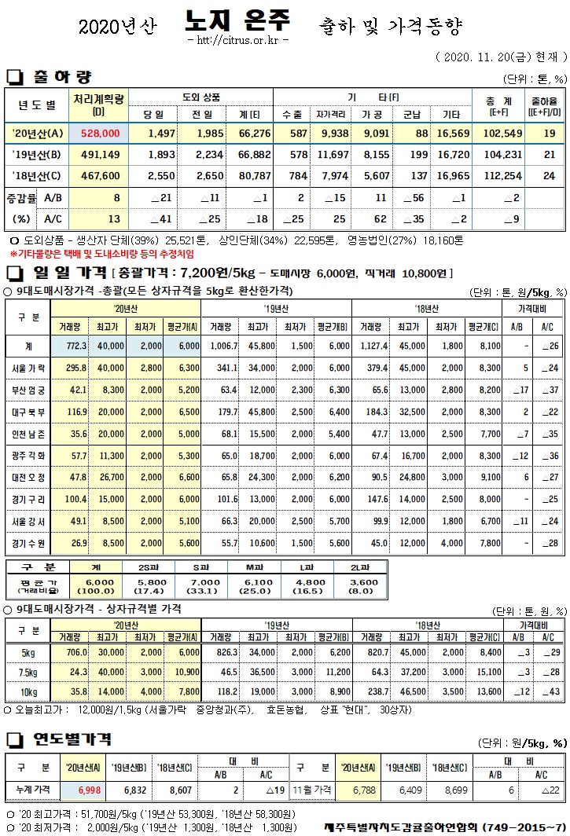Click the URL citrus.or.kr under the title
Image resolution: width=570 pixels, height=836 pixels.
(x=238, y=39)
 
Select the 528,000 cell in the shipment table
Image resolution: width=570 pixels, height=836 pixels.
(x=99, y=134)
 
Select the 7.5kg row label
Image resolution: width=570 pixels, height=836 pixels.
(x=28, y=672)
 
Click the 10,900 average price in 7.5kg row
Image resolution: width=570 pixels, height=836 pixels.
(x=186, y=672)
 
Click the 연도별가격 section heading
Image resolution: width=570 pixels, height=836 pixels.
(x=71, y=739)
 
